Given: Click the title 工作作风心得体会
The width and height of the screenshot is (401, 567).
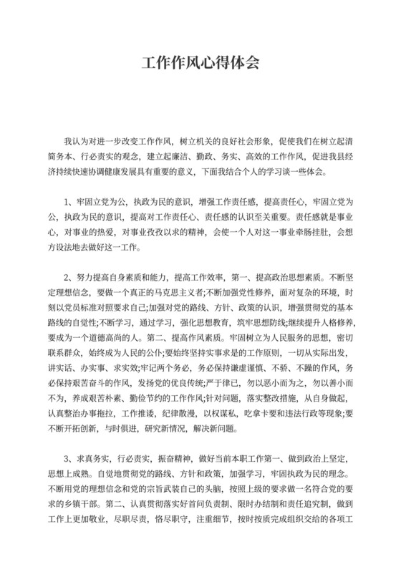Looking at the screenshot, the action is tap(200, 62).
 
